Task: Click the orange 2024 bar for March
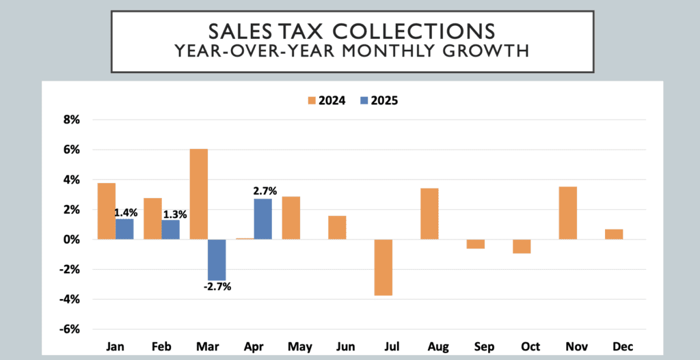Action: pos(199,194)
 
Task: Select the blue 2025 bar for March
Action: pos(217,260)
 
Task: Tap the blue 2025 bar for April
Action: pos(263,219)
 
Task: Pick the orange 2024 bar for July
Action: pos(383,267)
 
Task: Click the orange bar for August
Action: pos(429,213)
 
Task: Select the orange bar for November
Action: pos(567,212)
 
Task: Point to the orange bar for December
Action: pos(614,234)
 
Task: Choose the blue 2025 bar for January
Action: pos(124,229)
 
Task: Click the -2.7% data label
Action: pos(217,287)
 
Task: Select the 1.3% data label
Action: pos(173,214)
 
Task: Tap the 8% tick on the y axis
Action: pos(71,120)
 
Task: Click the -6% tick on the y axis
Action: pos(70,329)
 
